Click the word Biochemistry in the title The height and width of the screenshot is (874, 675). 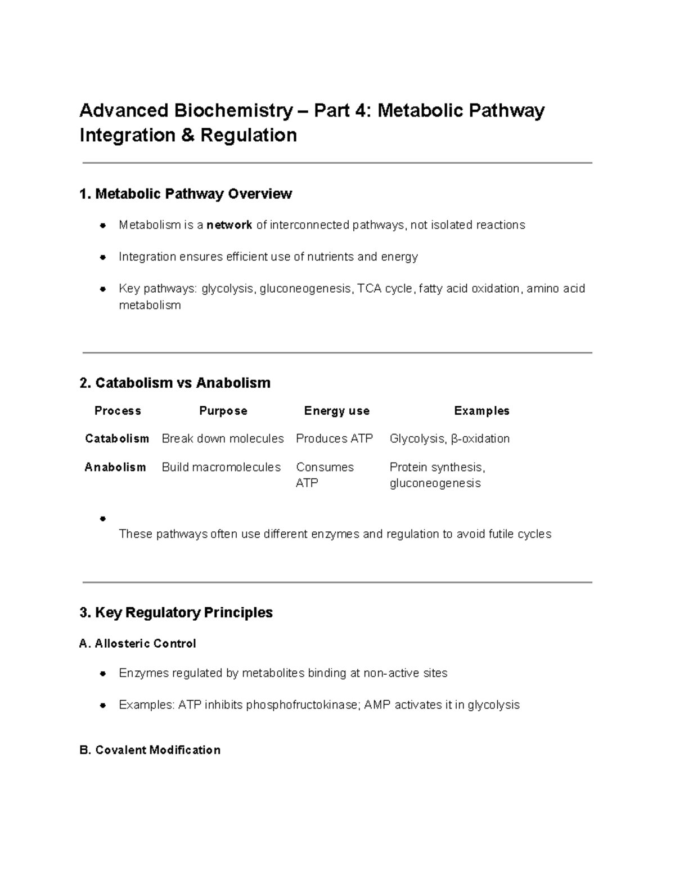click(233, 110)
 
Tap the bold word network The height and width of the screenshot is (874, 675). click(229, 225)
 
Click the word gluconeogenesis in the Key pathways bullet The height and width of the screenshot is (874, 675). click(305, 289)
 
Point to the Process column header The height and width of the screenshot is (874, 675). click(118, 411)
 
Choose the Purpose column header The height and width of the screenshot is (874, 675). click(223, 411)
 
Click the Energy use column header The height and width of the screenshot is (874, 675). click(336, 411)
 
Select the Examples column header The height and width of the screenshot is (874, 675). click(481, 411)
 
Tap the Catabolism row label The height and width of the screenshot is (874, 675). click(117, 438)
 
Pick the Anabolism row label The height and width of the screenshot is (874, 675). click(115, 467)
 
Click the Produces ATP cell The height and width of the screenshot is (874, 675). click(334, 438)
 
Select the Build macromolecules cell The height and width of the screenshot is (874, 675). click(221, 467)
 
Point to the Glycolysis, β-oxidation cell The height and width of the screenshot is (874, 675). click(449, 438)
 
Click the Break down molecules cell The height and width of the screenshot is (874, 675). click(223, 438)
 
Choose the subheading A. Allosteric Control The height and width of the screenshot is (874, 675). click(138, 643)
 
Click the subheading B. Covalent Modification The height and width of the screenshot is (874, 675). click(150, 750)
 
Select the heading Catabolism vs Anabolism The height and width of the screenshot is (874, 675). click(175, 383)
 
